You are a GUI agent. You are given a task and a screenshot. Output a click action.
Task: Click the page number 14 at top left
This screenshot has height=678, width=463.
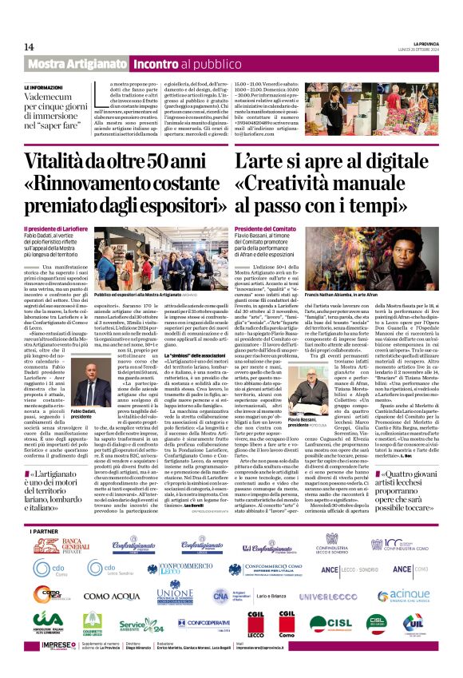pos(29,47)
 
